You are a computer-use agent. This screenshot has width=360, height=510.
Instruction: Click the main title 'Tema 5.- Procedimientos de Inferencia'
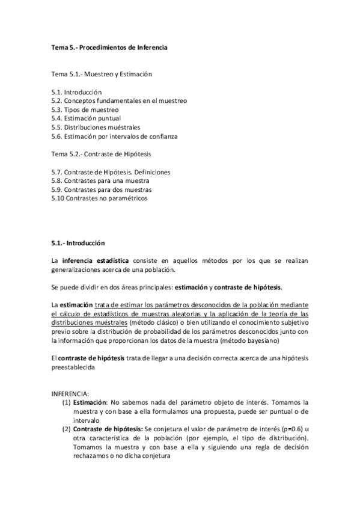point(108,48)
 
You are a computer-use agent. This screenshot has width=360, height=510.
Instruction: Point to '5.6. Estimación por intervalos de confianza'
point(114,137)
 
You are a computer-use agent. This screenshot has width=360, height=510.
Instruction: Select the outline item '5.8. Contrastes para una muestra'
point(100,180)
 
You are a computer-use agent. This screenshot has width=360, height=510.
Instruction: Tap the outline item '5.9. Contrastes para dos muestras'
point(102,189)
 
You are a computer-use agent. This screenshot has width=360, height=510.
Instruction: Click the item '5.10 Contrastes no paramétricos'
point(99,198)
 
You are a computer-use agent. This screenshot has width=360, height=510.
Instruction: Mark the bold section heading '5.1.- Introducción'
point(78,243)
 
